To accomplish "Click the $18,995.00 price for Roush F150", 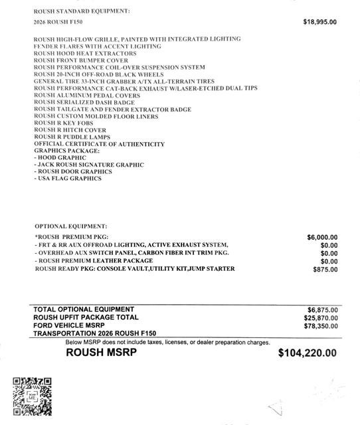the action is tap(320, 22).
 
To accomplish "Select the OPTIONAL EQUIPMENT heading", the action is tap(70, 226).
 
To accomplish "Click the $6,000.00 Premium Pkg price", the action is tap(322, 237).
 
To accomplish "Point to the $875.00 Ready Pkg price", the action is tap(325, 270).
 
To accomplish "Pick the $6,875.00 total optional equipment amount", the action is tap(322, 310).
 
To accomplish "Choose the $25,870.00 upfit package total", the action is tap(320, 318).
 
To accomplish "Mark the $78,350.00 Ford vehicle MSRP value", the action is tap(320, 326).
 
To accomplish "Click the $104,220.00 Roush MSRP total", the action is tap(307, 354).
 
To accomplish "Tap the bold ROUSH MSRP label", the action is tap(101, 353).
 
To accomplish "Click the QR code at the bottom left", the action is tap(33, 396).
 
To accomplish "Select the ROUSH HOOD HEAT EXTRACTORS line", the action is tap(85, 53).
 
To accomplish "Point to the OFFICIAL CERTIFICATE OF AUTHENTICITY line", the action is tap(99, 144).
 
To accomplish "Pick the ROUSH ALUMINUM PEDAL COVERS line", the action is tap(86, 96).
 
